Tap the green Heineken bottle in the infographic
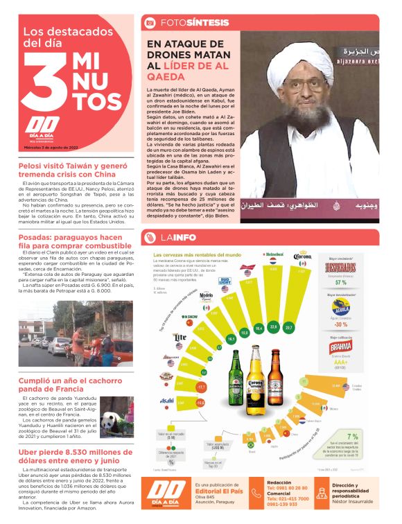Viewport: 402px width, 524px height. click(236, 379)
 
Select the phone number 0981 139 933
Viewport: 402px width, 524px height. click(288, 505)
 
